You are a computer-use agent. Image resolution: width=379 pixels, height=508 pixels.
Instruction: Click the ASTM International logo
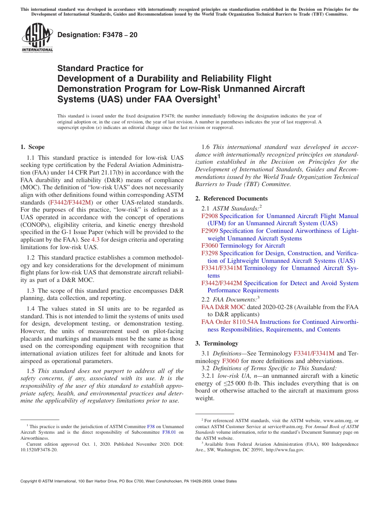coord(37,38)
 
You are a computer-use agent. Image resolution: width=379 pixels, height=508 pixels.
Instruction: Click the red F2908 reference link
coord(209,216)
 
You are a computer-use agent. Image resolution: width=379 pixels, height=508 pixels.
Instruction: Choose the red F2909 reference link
coord(209,231)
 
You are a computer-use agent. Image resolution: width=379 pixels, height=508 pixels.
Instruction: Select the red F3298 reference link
coord(209,253)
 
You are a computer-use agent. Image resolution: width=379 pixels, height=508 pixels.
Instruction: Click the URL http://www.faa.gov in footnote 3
coord(285,450)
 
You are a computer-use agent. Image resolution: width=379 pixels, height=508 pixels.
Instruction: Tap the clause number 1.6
coord(206,147)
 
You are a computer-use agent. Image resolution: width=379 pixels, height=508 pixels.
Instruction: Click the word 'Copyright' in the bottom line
coord(30,481)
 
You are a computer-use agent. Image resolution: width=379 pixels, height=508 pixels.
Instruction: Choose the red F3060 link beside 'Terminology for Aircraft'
coord(209,246)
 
